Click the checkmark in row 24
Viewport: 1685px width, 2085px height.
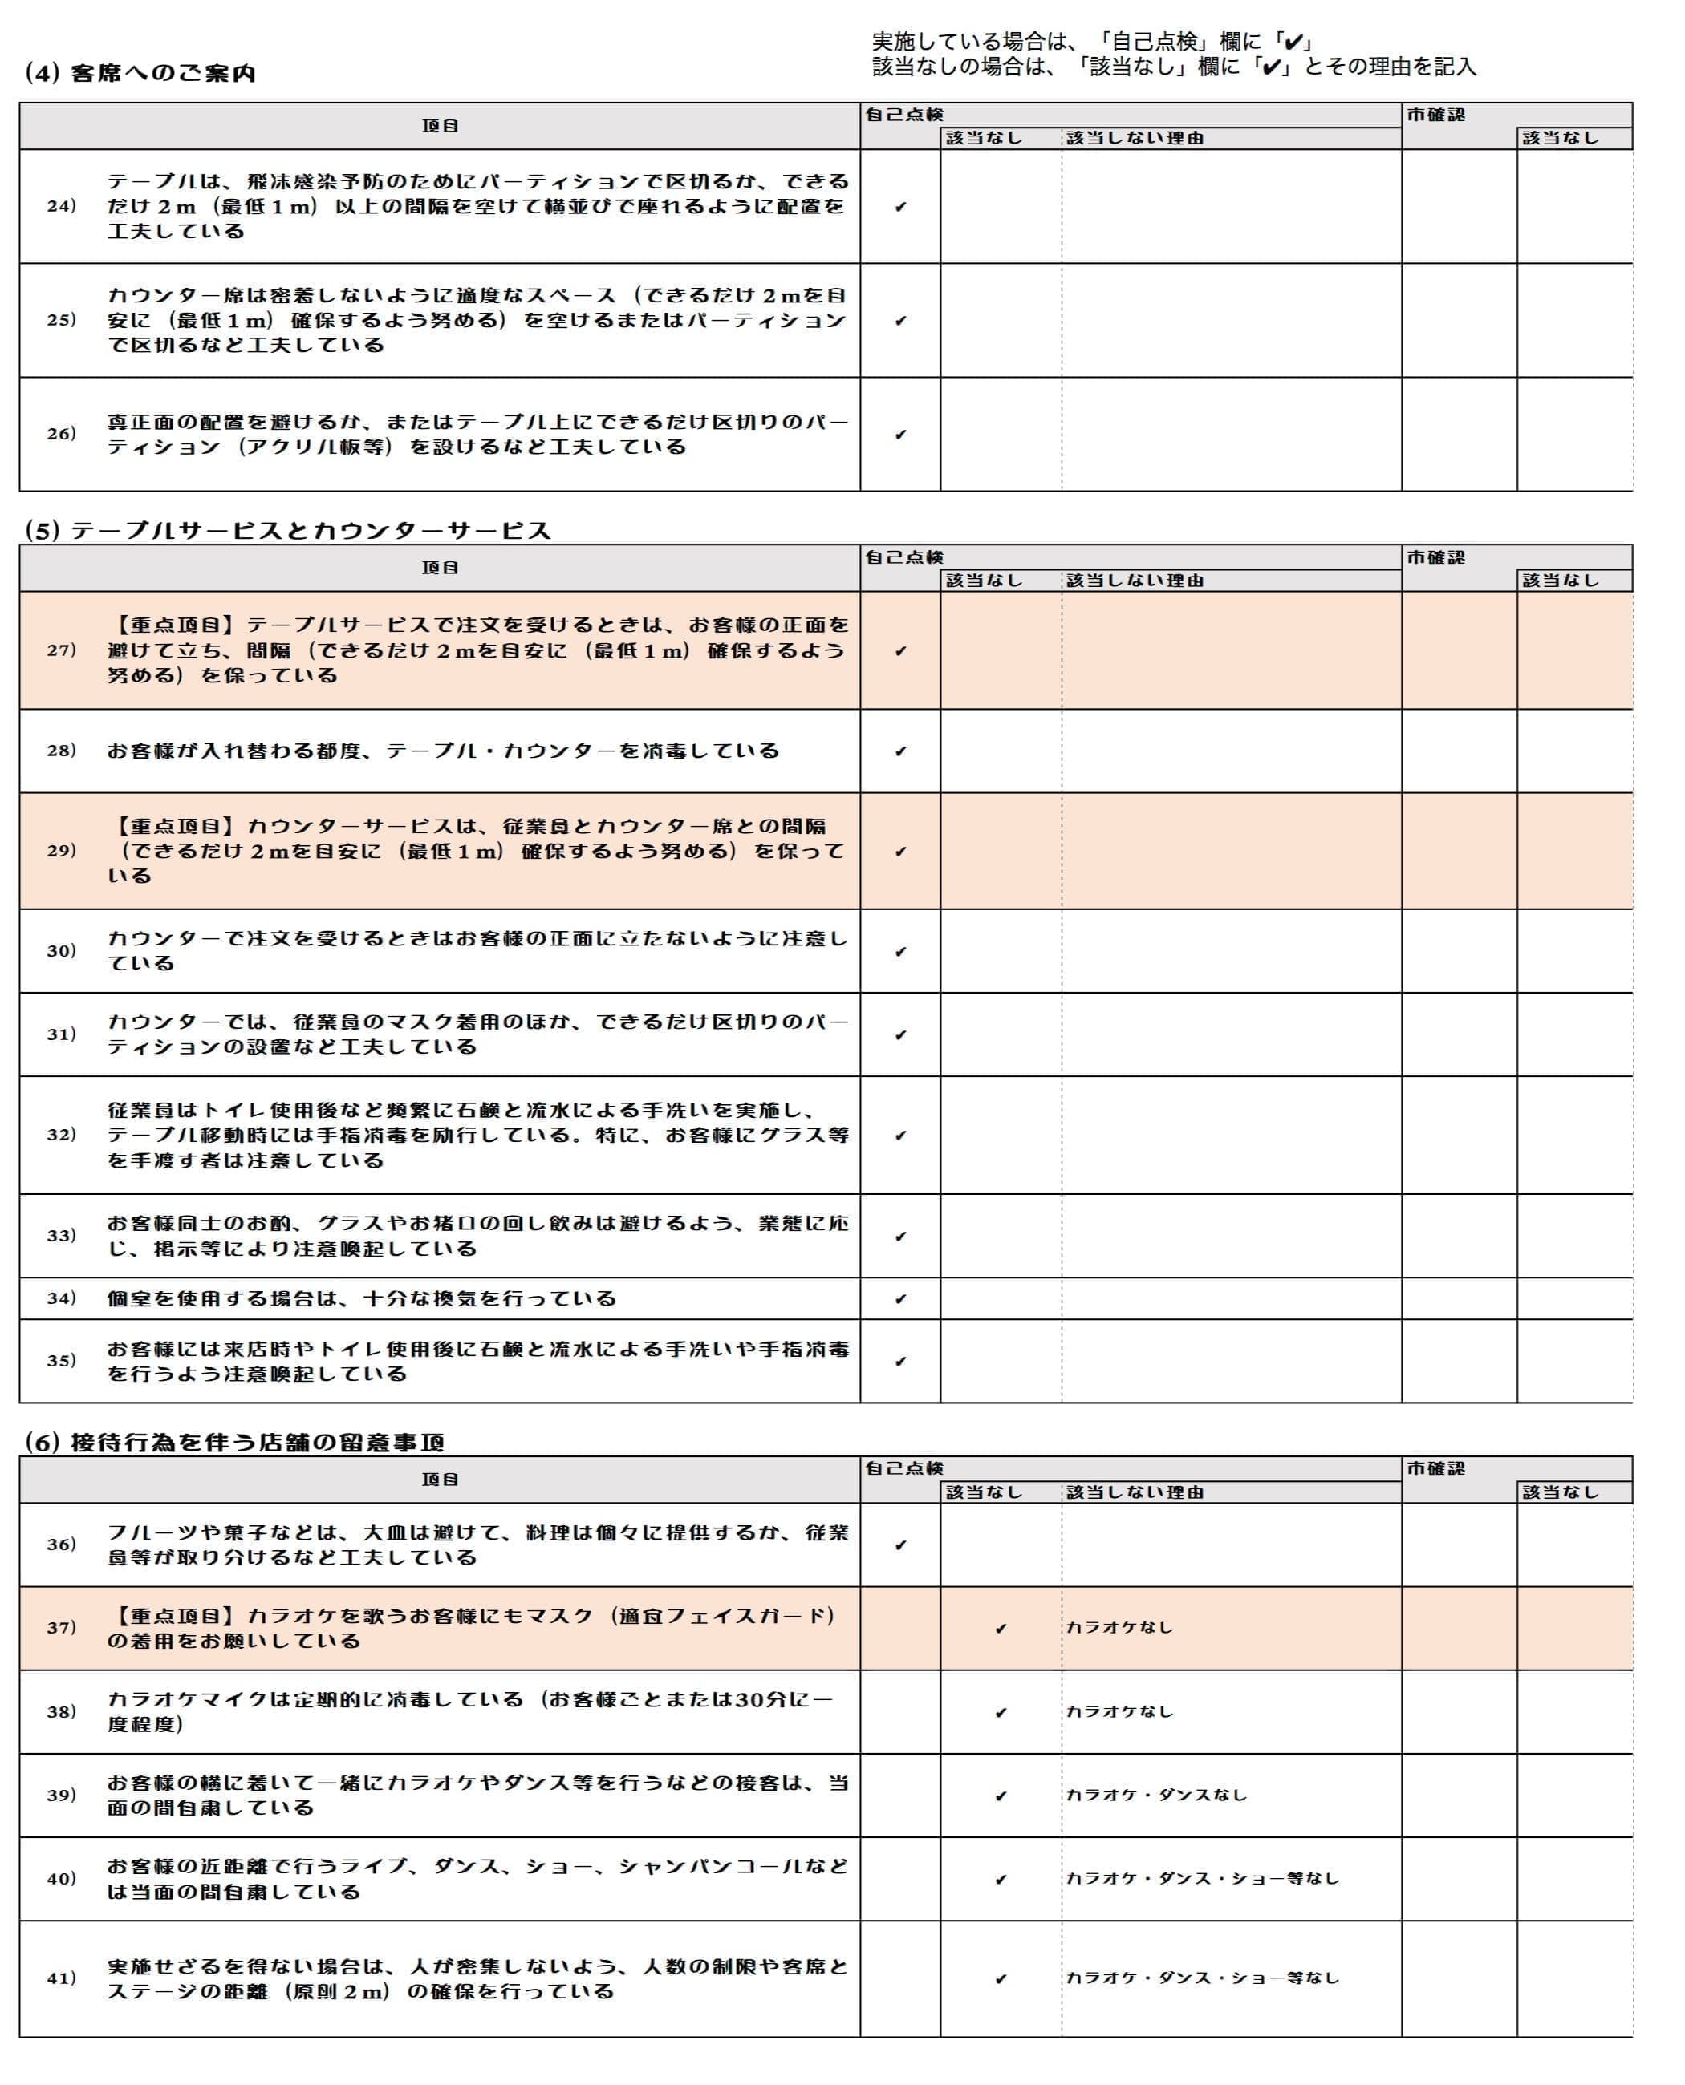899,207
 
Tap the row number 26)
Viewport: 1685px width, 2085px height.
61,434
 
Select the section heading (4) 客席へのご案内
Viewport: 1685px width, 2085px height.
140,74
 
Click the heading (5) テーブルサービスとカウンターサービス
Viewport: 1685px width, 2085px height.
287,531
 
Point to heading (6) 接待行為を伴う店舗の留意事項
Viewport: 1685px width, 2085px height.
234,1443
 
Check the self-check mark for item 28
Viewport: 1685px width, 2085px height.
899,751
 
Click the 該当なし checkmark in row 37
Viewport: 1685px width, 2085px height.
1001,1629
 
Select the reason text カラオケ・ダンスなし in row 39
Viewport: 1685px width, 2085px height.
1156,1795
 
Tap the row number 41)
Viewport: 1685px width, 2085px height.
61,1978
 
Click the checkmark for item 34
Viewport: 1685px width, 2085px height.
899,1299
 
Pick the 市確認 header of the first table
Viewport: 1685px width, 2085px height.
1435,115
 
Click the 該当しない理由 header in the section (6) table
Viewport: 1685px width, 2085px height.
1135,1492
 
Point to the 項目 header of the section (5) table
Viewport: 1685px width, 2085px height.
440,569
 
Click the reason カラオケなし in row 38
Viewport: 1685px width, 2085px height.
1119,1711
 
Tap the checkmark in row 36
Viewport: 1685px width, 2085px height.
899,1545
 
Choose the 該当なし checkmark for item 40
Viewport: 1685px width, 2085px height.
1001,1880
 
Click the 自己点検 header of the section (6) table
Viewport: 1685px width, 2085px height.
903,1469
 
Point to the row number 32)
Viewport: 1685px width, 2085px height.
61,1134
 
